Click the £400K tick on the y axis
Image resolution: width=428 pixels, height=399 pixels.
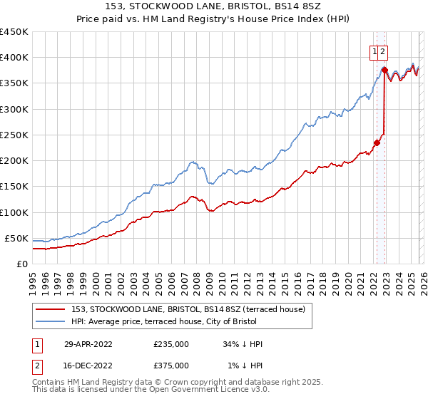point(14,58)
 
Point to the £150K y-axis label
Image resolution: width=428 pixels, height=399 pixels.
point(14,186)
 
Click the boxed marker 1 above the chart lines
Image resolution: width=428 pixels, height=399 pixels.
point(374,51)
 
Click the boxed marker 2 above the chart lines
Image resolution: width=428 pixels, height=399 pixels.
point(383,51)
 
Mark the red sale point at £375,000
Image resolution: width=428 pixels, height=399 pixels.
point(384,71)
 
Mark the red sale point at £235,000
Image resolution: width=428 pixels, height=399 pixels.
point(377,142)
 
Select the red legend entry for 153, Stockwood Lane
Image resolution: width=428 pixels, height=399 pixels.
point(188,309)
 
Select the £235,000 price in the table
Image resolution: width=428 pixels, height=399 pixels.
point(171,343)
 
